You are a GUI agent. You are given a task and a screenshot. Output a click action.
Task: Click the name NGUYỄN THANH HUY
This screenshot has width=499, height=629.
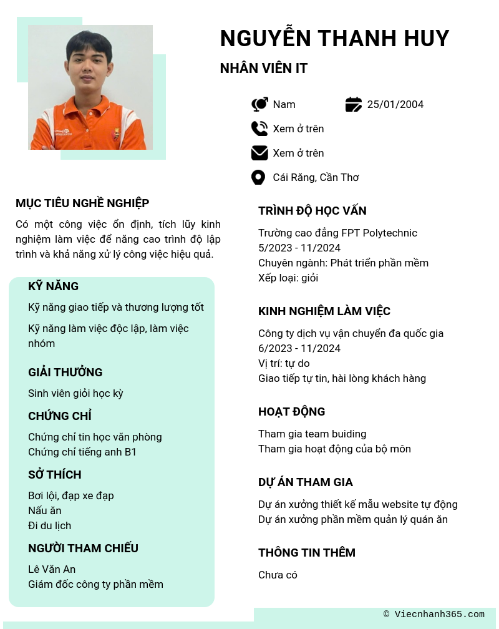(x=334, y=39)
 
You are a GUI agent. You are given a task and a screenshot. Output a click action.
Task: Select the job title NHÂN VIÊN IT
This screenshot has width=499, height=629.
(x=264, y=69)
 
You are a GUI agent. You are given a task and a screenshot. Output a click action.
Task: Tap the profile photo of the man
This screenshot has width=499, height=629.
(x=90, y=87)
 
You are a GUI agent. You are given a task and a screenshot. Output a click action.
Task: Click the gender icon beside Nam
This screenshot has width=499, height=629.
(x=259, y=104)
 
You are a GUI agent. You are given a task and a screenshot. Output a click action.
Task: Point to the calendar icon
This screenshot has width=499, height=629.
(x=354, y=104)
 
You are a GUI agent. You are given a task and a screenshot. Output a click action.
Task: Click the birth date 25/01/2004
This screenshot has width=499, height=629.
(x=395, y=104)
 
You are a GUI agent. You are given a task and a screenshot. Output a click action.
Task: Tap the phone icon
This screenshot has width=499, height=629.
(x=259, y=129)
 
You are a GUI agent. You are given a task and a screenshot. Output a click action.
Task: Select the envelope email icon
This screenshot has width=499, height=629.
(x=259, y=153)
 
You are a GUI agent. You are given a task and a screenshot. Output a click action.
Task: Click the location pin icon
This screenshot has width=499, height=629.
(x=258, y=177)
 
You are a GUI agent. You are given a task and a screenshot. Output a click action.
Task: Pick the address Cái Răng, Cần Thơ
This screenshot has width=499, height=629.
(x=316, y=177)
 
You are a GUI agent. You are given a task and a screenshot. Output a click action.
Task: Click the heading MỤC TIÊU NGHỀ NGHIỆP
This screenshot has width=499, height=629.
(x=82, y=203)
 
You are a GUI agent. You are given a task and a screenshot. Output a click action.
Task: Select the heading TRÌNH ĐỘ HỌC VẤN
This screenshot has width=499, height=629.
(x=312, y=211)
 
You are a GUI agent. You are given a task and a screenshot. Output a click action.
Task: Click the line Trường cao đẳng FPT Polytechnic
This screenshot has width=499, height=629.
(x=337, y=233)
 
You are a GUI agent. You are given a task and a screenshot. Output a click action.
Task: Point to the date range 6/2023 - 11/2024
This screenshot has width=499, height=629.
(x=299, y=348)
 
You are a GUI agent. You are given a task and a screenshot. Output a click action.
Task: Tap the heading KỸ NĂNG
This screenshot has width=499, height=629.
(x=54, y=286)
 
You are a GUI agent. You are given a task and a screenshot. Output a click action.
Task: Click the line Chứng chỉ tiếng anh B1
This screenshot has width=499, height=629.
(x=82, y=452)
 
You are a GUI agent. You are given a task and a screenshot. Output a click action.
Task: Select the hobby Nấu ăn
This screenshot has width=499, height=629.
(x=45, y=510)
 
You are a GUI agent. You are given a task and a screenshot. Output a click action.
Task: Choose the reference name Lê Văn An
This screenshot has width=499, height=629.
(x=52, y=569)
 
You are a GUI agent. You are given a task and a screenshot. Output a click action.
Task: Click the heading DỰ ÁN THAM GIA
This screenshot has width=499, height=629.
(x=306, y=482)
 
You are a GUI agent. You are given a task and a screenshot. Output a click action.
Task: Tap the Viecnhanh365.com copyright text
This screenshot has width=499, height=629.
(x=434, y=615)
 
